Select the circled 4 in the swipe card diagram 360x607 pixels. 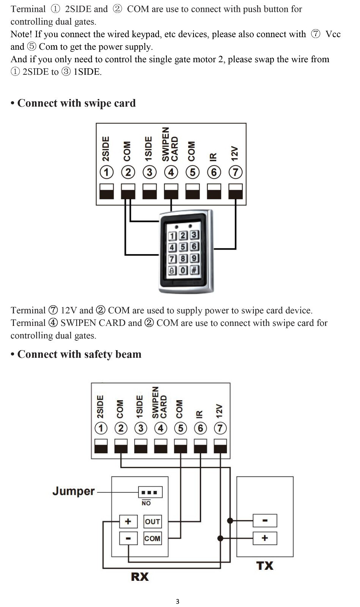pyautogui.click(x=171, y=172)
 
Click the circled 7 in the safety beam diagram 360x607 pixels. pyautogui.click(x=220, y=428)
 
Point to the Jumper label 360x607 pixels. pyautogui.click(x=74, y=491)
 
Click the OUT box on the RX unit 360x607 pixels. pyautogui.click(x=152, y=521)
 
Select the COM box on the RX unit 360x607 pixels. pyautogui.click(x=152, y=538)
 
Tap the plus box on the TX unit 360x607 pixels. pyautogui.click(x=265, y=538)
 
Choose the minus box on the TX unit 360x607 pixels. pyautogui.click(x=265, y=521)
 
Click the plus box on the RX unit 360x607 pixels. pyautogui.click(x=128, y=521)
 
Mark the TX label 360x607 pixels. pyautogui.click(x=265, y=566)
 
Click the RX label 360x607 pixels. pyautogui.click(x=140, y=577)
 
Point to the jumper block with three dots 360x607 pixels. pyautogui.click(x=150, y=492)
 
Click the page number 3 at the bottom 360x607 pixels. pyautogui.click(x=178, y=601)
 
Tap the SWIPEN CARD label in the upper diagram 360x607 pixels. pyautogui.click(x=170, y=145)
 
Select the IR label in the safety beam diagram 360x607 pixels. pyautogui.click(x=199, y=414)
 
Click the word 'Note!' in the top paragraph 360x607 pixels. pyautogui.click(x=21, y=34)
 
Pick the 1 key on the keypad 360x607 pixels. pyautogui.click(x=172, y=236)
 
